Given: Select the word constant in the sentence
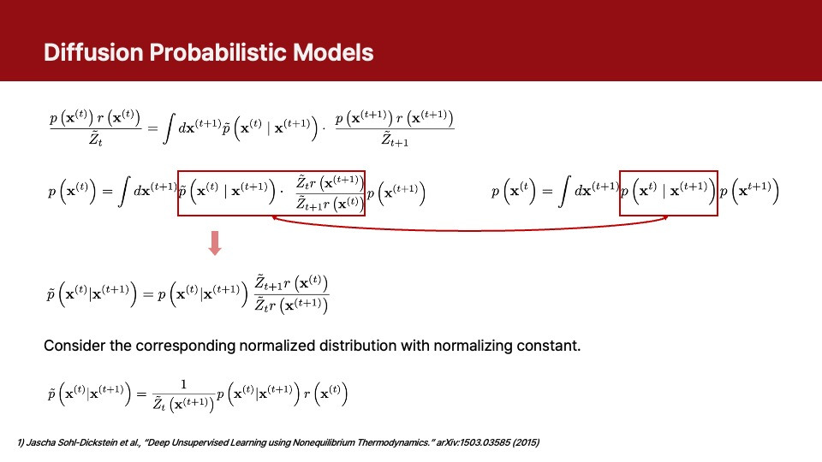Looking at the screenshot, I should pyautogui.click(x=552, y=346).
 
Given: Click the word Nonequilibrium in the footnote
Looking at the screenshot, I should pyautogui.click(x=286, y=442).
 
